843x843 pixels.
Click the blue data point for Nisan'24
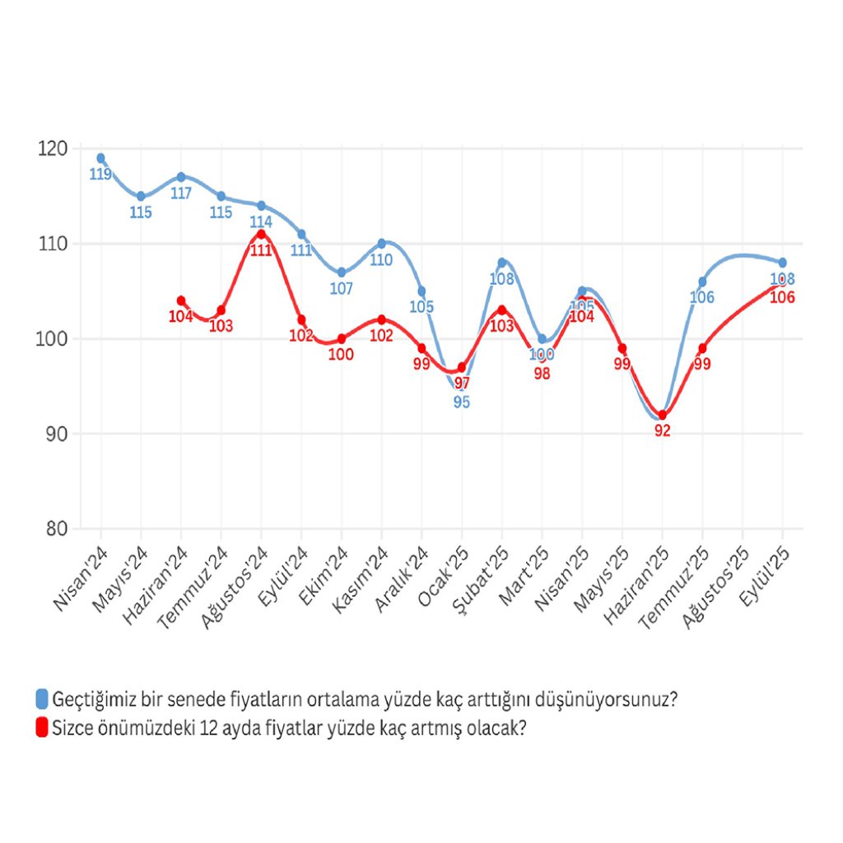[x=100, y=158]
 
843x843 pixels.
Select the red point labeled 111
[x=261, y=235]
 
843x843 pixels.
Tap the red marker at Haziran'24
[x=181, y=300]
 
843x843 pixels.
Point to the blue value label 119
[x=100, y=175]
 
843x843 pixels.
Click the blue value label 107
[x=341, y=289]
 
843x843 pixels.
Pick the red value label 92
[x=663, y=431]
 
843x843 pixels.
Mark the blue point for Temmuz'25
[x=702, y=282]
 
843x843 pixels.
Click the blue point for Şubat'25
[x=501, y=263]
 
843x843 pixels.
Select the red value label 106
[x=782, y=297]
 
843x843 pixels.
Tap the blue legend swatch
[x=42, y=700]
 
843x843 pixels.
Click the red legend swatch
[x=42, y=728]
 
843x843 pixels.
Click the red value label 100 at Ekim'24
[x=341, y=356]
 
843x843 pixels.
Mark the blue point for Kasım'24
[x=381, y=244]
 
